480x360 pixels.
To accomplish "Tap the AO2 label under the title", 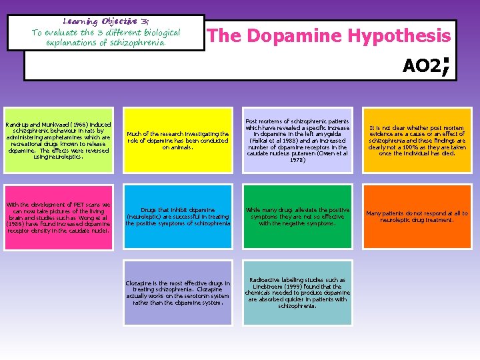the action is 421,65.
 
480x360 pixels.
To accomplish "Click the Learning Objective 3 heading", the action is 105,22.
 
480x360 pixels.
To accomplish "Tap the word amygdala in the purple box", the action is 332,134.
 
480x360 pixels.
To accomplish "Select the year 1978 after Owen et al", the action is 297,160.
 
